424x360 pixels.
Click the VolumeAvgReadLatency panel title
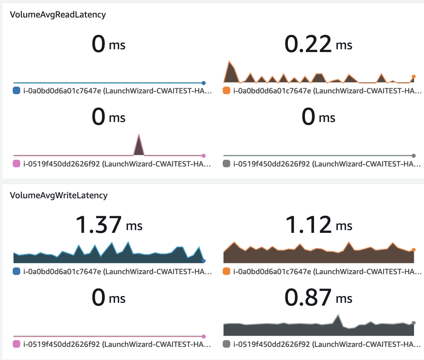tap(58, 15)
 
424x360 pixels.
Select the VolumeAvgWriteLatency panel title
tap(59, 195)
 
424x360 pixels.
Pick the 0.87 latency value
tap(308, 297)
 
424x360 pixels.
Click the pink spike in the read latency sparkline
tap(139, 137)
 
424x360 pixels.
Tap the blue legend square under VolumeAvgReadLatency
tap(17, 91)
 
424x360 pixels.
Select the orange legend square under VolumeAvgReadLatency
tap(227, 91)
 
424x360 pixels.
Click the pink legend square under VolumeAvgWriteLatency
tap(17, 344)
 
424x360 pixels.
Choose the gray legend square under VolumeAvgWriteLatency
tap(227, 344)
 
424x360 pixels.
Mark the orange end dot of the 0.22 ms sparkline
tap(414, 76)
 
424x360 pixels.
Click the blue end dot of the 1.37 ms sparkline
tap(204, 261)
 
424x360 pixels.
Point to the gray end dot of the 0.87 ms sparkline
tap(414, 323)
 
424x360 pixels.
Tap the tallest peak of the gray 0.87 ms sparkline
tap(338, 315)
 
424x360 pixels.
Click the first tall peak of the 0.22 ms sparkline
tap(229, 62)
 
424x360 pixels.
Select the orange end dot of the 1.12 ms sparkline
tap(414, 250)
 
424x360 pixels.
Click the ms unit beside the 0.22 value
tap(344, 45)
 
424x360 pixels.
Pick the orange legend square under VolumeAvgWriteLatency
tap(227, 271)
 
